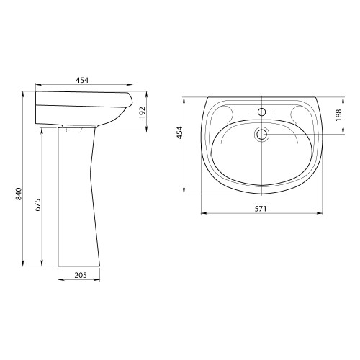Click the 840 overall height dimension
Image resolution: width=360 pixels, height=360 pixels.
pos(19,194)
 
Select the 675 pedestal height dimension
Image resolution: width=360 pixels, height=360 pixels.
pos(38,204)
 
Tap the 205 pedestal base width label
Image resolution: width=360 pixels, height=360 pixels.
pos(81,275)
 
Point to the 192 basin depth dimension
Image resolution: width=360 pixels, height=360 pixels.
pos(143,112)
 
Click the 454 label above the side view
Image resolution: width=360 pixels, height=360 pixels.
pos(82,80)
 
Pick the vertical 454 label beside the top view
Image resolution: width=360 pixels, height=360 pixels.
pos(180,132)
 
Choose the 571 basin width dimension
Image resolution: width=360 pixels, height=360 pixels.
pos(261,209)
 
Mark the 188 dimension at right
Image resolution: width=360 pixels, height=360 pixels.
pos(338,115)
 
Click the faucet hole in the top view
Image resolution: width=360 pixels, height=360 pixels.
pos(261,112)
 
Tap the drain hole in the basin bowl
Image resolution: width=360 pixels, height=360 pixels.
pos(261,135)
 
